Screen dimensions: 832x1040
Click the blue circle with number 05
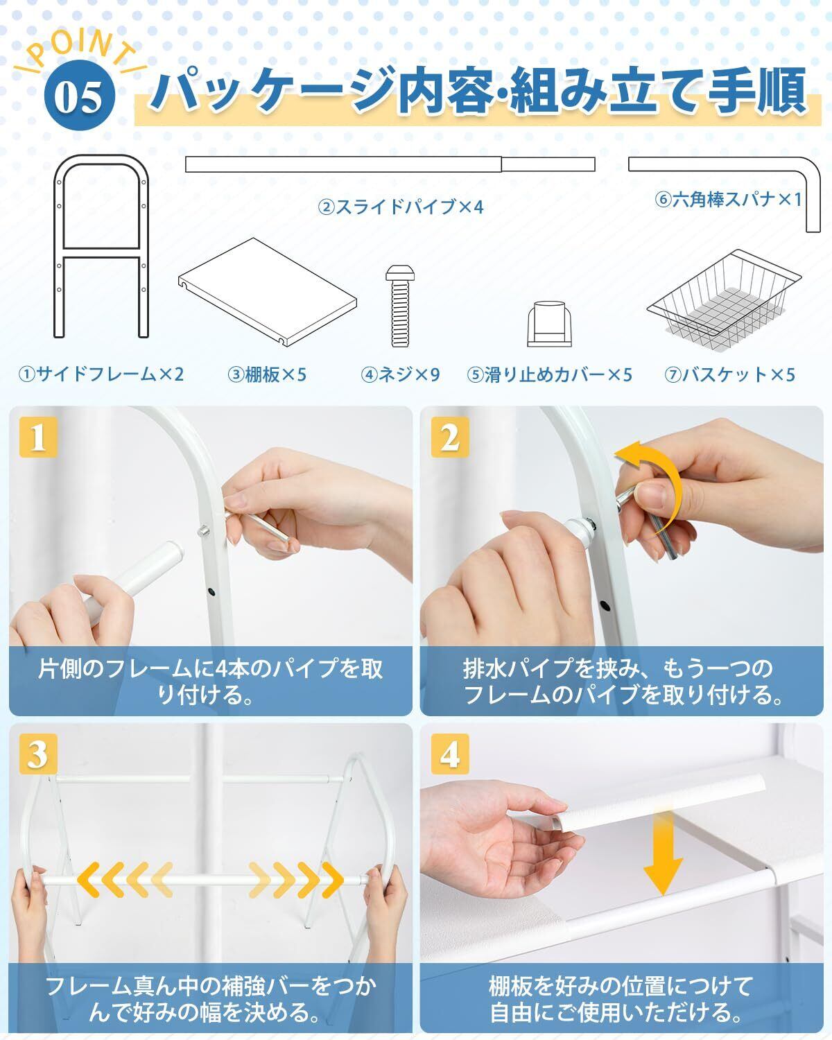pyautogui.click(x=80, y=95)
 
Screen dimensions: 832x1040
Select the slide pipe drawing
pyautogui.click(x=390, y=164)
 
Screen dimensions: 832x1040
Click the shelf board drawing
pyautogui.click(x=268, y=291)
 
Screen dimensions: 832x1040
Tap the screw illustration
pyautogui.click(x=400, y=306)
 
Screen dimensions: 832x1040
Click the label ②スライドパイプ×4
pyautogui.click(x=401, y=207)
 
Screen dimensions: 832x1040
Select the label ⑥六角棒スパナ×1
pyautogui.click(x=729, y=199)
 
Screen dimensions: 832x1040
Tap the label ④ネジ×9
pyautogui.click(x=400, y=374)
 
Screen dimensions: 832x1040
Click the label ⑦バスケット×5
pyautogui.click(x=729, y=374)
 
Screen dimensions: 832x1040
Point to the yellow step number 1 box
pyautogui.click(x=38, y=437)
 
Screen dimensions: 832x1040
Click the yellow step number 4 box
pyautogui.click(x=449, y=754)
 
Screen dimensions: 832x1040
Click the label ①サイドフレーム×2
pyautogui.click(x=101, y=374)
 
